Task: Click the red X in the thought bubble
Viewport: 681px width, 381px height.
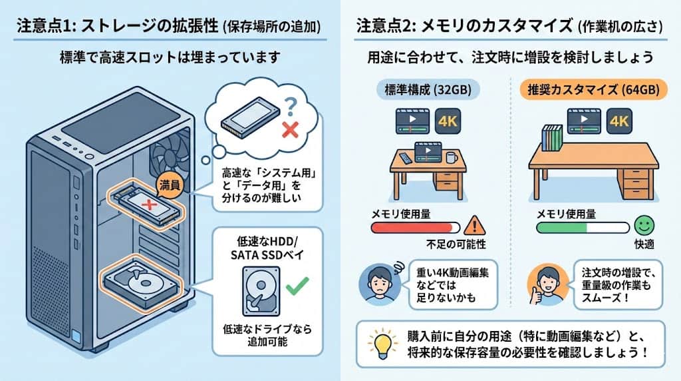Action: (x=290, y=129)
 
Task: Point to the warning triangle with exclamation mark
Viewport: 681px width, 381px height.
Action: (x=475, y=224)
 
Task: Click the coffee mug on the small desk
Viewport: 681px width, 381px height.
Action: (x=451, y=158)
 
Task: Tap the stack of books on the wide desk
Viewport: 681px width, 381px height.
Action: (x=551, y=139)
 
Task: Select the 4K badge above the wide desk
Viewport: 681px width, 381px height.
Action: (x=620, y=122)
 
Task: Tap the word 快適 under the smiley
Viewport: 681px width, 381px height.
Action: (x=644, y=244)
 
